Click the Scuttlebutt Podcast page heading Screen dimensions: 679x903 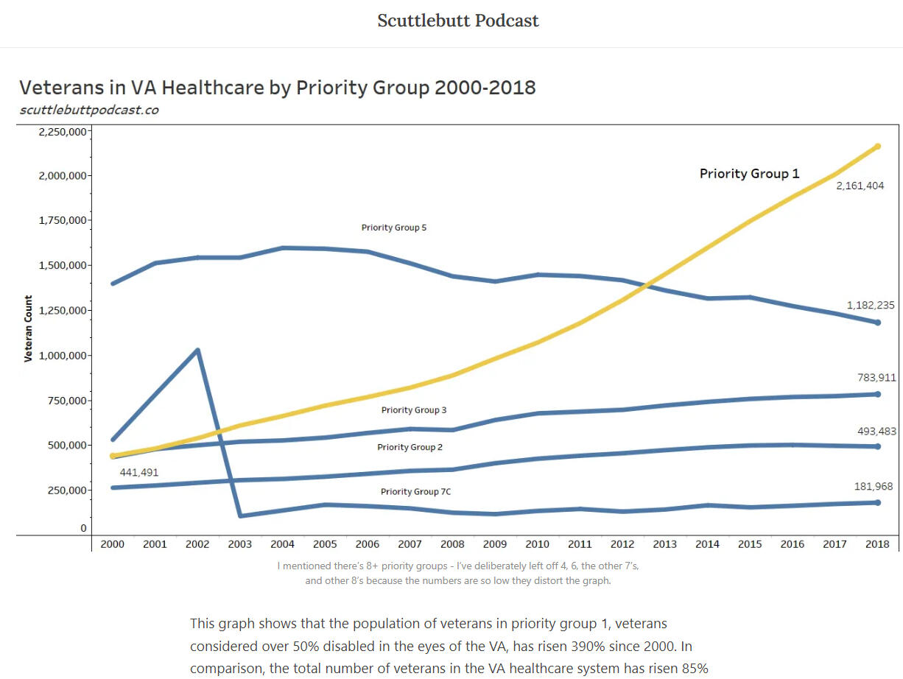pyautogui.click(x=458, y=21)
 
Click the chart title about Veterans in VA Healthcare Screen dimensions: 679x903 pyautogui.click(x=278, y=88)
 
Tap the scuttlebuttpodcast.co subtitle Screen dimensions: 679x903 pyautogui.click(x=89, y=110)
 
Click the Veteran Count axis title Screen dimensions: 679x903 pyautogui.click(x=29, y=328)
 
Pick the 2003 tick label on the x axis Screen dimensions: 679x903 pyautogui.click(x=239, y=544)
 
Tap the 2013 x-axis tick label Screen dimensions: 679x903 pyautogui.click(x=664, y=544)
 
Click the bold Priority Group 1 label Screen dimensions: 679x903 pyautogui.click(x=749, y=174)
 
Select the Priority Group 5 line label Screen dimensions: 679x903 pyautogui.click(x=393, y=228)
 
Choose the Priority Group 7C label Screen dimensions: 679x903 pyautogui.click(x=410, y=491)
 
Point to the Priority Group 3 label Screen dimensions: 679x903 pyautogui.click(x=414, y=409)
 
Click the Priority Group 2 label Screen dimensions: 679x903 pyautogui.click(x=410, y=447)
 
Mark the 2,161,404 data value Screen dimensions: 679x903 pyautogui.click(x=860, y=186)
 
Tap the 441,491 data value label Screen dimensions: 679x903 pyautogui.click(x=139, y=472)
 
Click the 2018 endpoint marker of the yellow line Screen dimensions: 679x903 pyautogui.click(x=877, y=147)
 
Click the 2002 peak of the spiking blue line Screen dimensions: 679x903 pyautogui.click(x=197, y=351)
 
